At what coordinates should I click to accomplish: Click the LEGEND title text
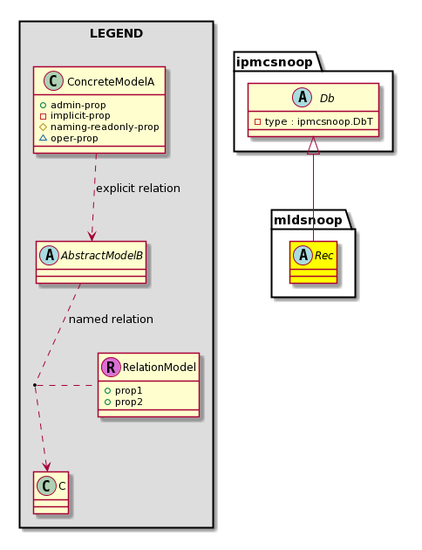tap(116, 34)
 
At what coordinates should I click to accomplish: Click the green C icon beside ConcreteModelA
tap(53, 81)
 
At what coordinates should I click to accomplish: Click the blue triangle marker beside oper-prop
tap(43, 138)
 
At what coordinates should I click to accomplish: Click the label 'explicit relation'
tap(138, 189)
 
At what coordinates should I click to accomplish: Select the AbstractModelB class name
tap(102, 255)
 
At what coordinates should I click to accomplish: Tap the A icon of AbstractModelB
tap(50, 255)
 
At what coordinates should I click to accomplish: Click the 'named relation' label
tap(111, 320)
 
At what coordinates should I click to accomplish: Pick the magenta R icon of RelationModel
tap(111, 368)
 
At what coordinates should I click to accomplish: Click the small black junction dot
tap(35, 385)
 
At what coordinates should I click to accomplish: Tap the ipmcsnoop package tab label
tap(274, 62)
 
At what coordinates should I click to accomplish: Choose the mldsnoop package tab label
tap(308, 220)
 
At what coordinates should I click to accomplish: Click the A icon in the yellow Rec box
tap(303, 255)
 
